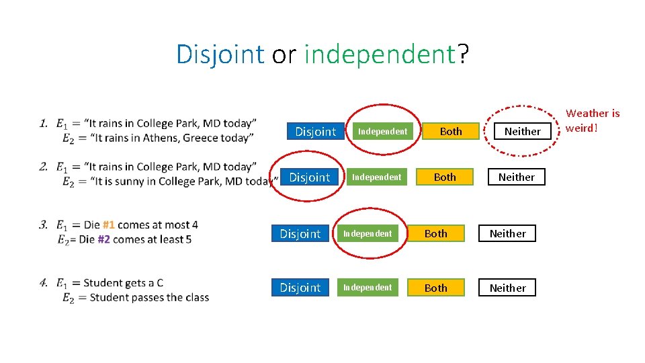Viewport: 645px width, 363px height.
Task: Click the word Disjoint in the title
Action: [220, 54]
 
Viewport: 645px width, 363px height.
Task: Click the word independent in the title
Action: [380, 54]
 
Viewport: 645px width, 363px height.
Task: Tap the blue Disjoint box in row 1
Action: [315, 131]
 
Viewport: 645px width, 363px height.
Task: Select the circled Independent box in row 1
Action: [382, 131]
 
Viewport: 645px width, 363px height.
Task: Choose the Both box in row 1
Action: [450, 131]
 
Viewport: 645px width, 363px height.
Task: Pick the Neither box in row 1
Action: [522, 131]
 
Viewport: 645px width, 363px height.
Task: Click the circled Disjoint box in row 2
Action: [309, 177]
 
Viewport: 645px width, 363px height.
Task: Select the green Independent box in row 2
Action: [376, 177]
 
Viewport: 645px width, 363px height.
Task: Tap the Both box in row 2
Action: [444, 177]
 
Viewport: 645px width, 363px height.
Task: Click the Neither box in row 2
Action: [516, 177]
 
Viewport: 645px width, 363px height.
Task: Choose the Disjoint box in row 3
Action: [300, 233]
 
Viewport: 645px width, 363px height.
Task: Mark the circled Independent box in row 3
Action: [367, 233]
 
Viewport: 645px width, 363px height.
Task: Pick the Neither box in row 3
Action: [507, 233]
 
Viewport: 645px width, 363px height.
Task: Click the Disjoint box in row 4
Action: [300, 287]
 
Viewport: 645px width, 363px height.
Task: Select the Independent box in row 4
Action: [367, 287]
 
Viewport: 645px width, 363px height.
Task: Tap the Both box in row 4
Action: [435, 287]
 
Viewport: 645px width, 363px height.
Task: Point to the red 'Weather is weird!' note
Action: [593, 120]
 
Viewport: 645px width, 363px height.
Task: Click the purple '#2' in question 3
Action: [104, 239]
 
